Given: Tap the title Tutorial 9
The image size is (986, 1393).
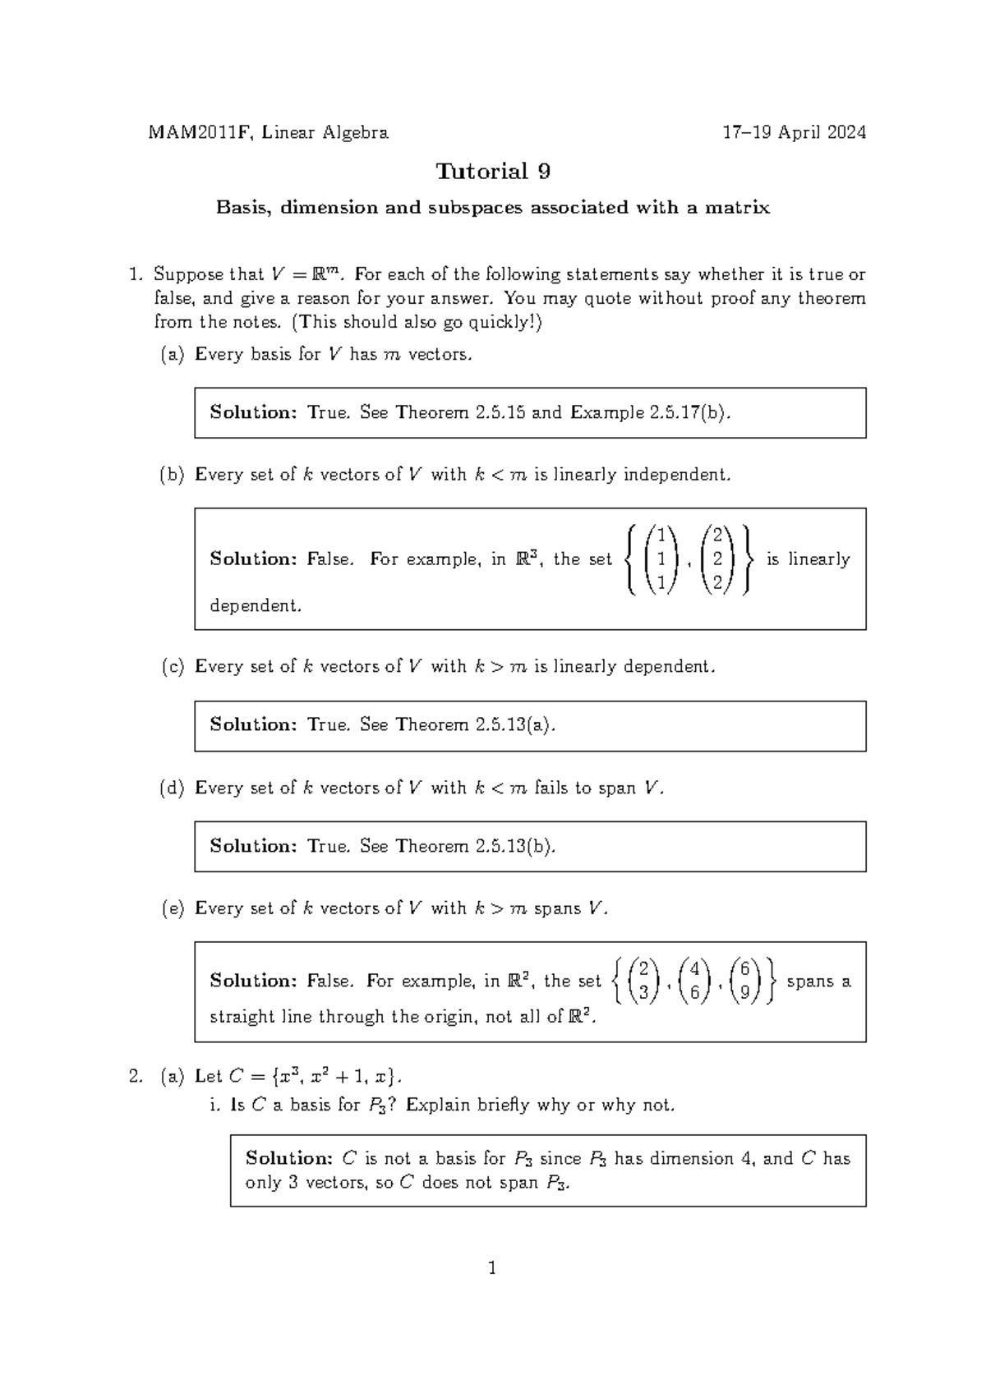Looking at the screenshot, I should pos(493,172).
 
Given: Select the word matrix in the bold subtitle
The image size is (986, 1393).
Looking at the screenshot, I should pos(742,208).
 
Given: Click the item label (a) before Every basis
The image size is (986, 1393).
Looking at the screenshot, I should pos(172,355).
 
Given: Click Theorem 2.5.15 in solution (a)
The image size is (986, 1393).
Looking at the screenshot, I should pos(460,412).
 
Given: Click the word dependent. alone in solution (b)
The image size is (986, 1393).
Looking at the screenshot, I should pos(256,606).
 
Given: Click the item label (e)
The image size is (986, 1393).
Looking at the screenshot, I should pos(172,908).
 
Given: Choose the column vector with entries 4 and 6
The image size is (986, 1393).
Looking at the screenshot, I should pos(695,981).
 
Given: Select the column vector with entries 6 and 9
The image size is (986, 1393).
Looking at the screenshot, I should pos(744,981).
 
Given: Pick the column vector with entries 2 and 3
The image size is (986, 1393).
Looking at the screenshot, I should pos(644,981).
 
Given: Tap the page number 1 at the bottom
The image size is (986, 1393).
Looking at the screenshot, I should pos(492,1269).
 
